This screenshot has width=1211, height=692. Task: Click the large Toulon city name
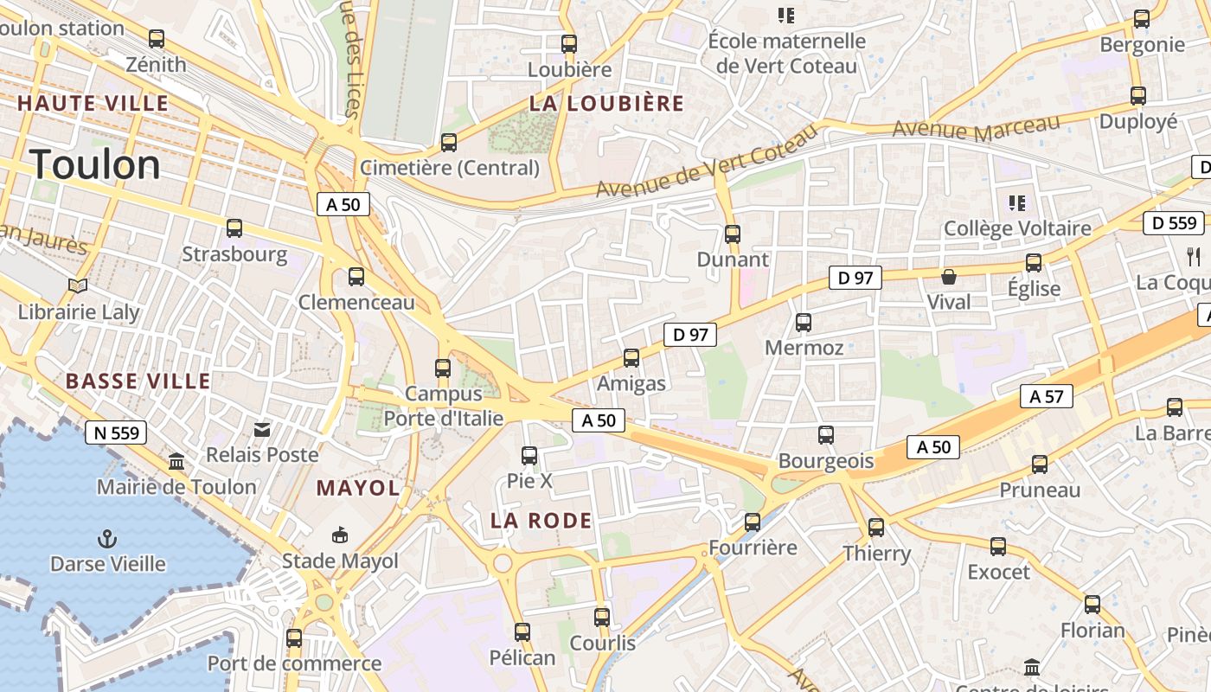pos(95,164)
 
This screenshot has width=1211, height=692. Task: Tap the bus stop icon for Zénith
pos(157,39)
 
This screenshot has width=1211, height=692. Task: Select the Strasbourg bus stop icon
pos(234,228)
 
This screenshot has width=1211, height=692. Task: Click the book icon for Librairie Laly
pos(78,285)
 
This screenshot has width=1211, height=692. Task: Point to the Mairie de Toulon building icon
pos(177,461)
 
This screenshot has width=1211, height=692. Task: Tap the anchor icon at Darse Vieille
pos(107,539)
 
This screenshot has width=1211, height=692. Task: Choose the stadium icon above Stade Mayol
pos(340,535)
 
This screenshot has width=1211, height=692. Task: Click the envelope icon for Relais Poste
pos(262,429)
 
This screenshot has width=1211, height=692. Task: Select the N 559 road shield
pos(116,432)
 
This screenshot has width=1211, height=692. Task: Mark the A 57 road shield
pos(1047,396)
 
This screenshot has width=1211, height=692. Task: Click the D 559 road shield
pos(1175,223)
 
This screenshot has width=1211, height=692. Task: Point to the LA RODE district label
pos(541,521)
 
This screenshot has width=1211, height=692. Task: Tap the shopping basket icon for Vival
pos(949,277)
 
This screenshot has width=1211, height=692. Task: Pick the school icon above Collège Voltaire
pos(1017,203)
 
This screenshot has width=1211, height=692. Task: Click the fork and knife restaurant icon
pos(1194,256)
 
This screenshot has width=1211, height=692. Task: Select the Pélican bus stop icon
pos(522,632)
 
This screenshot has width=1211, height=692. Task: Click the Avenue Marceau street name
pos(976,128)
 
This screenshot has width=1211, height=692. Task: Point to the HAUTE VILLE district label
pos(93,103)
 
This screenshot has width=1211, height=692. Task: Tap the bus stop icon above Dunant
pos(733,234)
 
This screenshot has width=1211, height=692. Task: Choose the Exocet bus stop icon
pos(998,547)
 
